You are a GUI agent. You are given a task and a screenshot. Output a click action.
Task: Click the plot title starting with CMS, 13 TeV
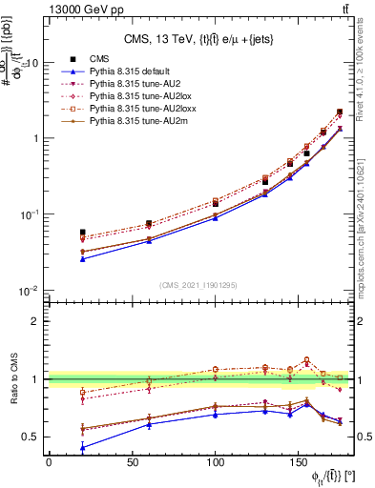click(x=198, y=39)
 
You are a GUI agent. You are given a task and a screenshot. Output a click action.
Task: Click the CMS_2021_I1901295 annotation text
click(x=198, y=285)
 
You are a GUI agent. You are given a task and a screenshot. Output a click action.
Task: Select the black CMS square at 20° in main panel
click(x=82, y=232)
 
